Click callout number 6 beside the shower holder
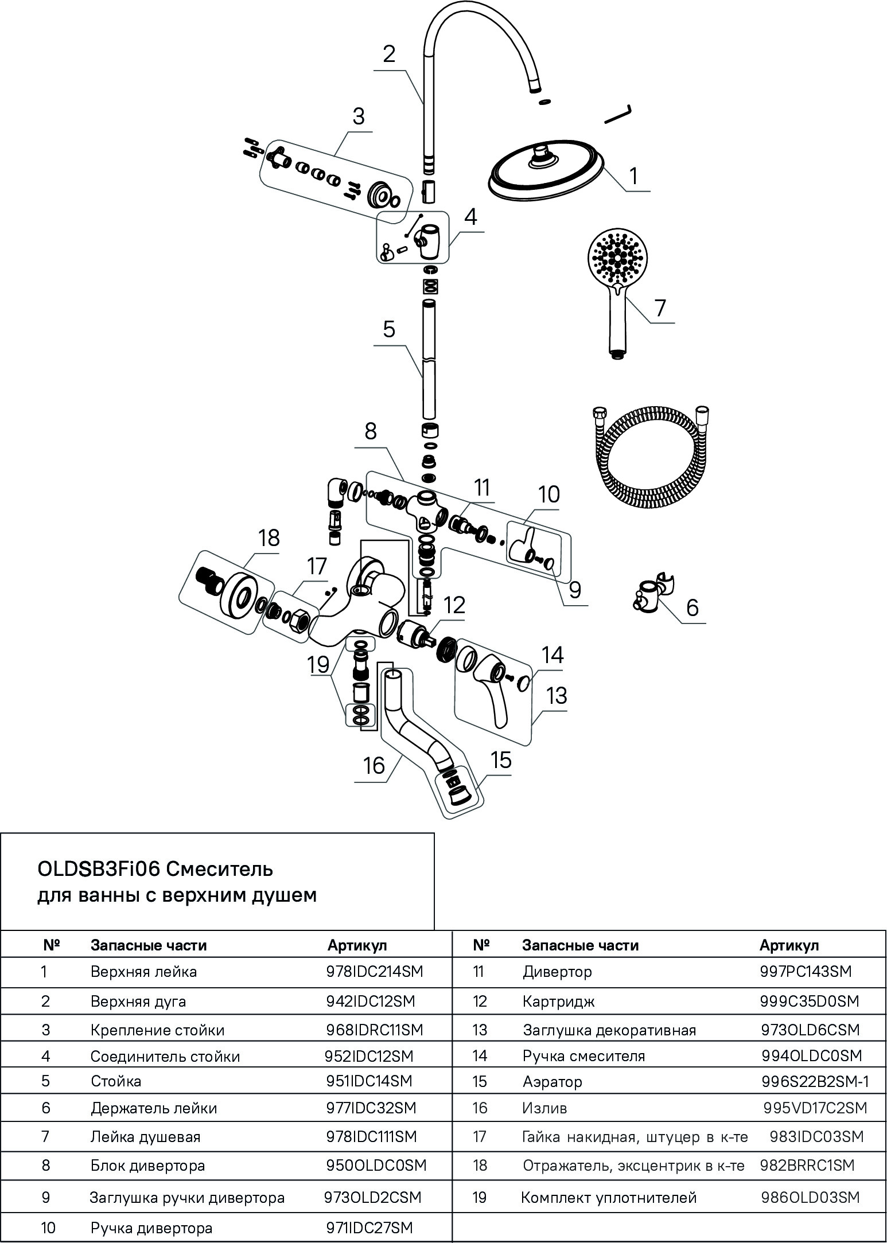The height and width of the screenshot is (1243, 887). coord(693,607)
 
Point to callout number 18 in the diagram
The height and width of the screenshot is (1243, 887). coord(269,538)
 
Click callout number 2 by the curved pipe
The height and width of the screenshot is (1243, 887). coord(389,54)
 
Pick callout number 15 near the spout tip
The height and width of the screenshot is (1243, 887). coord(501,760)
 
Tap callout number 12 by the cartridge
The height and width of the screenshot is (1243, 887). coord(454,605)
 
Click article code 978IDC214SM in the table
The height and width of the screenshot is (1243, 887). coord(374,971)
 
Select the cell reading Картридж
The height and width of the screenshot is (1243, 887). coord(558,1001)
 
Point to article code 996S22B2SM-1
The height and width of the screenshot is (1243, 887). coord(815,1081)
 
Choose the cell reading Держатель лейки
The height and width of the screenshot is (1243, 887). coord(154,1108)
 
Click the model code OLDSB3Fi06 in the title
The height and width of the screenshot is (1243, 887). coord(99,869)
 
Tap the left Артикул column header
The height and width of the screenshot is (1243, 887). coord(357,945)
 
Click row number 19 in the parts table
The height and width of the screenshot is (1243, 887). coord(479,1197)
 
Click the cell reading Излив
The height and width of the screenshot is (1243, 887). coord(544,1108)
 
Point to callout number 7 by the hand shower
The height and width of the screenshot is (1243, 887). coord(660,307)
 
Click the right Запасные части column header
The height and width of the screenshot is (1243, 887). coord(580,945)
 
